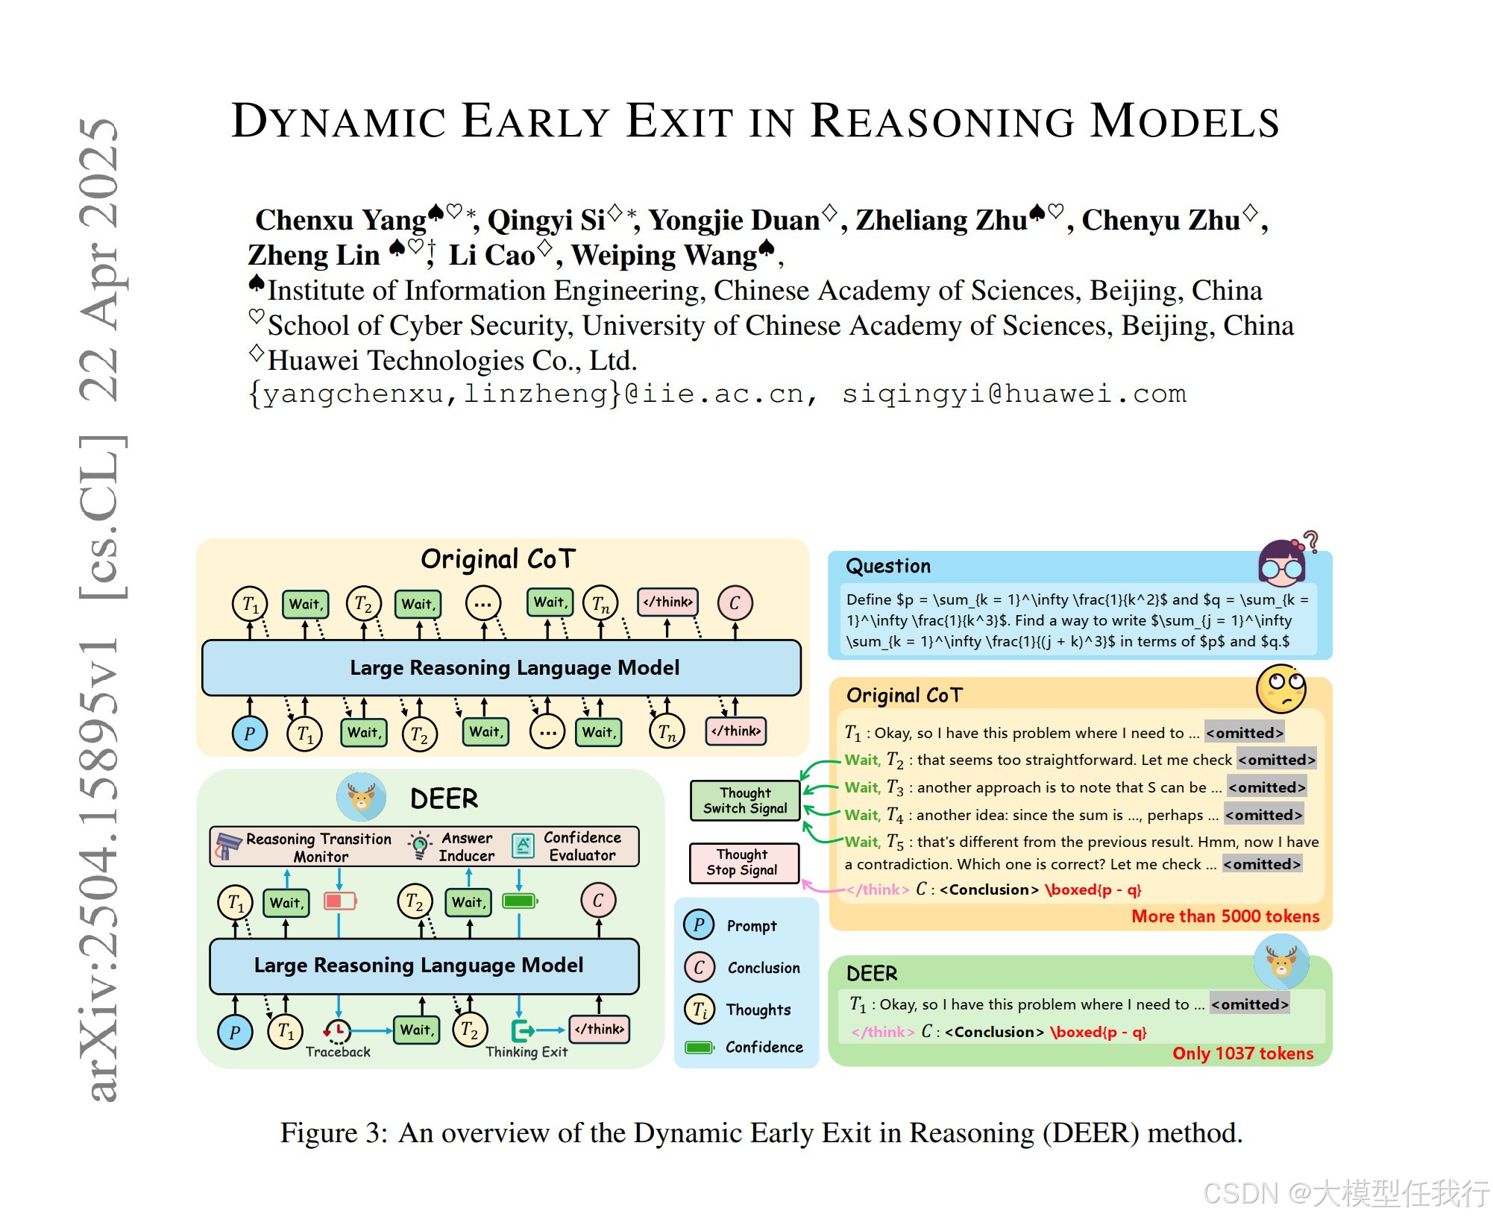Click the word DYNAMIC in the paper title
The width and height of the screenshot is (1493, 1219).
coord(339,122)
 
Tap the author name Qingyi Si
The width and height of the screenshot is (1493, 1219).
coord(546,221)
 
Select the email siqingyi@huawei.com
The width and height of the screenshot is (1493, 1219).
coord(1013,394)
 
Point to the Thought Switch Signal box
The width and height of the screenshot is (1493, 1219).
coord(744,801)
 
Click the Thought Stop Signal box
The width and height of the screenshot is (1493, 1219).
coord(743,863)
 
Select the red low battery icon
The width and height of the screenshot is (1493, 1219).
coord(339,901)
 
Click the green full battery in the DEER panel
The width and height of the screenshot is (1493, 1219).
coord(520,901)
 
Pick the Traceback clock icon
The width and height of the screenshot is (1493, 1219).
coord(338,1031)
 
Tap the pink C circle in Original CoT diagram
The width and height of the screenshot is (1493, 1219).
coord(735,603)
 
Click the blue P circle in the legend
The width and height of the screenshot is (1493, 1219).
coord(699,925)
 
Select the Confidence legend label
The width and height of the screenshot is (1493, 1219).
coord(764,1048)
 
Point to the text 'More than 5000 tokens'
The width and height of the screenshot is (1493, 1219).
coord(1225,916)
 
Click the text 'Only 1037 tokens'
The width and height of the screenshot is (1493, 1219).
coord(1242,1053)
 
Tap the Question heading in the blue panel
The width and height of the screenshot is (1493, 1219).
coord(887,567)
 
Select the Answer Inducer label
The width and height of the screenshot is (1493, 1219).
coord(466,848)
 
